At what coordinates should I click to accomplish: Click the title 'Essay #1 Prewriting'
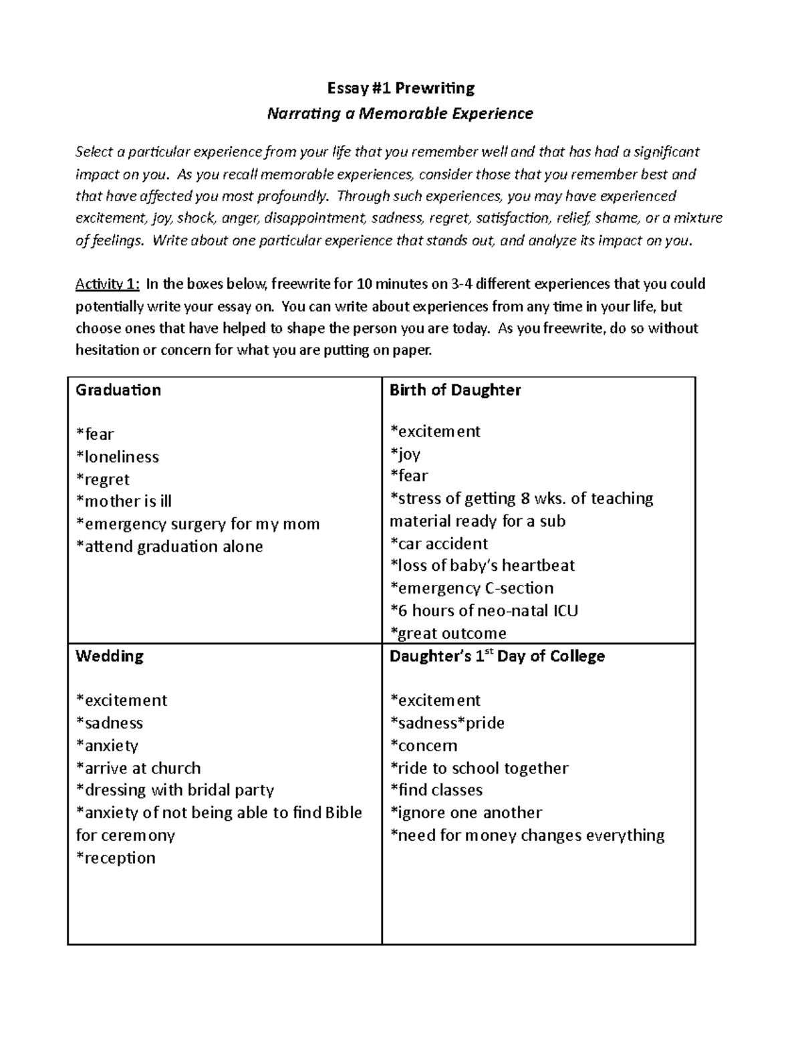tap(400, 88)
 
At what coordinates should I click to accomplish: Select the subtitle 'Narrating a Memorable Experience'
tap(400, 114)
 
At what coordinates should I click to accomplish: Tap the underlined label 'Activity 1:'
tap(107, 284)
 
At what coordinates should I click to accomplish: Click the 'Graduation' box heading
tap(118, 390)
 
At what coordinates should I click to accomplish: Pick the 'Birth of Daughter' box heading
tap(454, 390)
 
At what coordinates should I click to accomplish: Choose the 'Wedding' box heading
tap(110, 656)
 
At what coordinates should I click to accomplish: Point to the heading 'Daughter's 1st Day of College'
tap(497, 656)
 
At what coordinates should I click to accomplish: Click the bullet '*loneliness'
tap(118, 457)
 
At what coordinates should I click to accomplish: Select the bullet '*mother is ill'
tap(124, 501)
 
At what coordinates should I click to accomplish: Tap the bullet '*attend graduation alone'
tap(169, 547)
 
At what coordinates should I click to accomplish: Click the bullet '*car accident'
tap(438, 543)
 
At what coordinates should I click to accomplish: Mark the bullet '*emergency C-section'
tap(471, 588)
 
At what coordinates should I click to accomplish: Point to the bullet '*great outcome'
tap(448, 633)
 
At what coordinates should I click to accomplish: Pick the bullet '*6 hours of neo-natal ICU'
tap(484, 611)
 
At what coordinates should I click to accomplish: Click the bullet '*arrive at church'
tap(138, 768)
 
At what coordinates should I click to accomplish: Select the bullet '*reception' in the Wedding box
tap(116, 858)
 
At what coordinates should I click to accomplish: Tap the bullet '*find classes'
tap(436, 790)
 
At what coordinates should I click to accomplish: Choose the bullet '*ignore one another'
tap(466, 813)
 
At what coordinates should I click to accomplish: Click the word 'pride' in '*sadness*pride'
tap(485, 723)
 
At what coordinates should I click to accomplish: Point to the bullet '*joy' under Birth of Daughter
tap(405, 455)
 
